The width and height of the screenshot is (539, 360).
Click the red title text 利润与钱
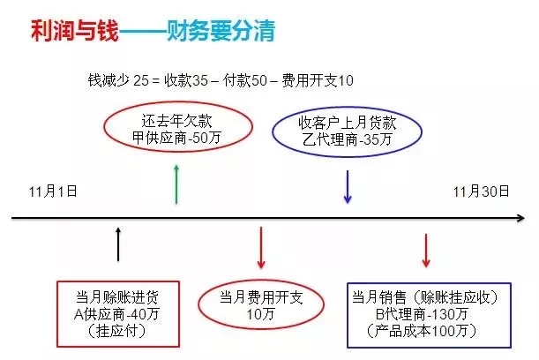[x=75, y=31]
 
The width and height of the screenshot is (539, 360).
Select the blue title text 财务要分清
[x=221, y=31]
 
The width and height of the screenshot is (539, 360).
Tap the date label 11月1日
[x=53, y=191]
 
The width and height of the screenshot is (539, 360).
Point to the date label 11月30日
[x=481, y=191]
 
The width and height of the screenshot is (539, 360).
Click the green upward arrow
[x=176, y=184]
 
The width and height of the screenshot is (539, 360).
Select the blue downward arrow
[x=348, y=187]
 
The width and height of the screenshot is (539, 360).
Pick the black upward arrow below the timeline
[x=118, y=244]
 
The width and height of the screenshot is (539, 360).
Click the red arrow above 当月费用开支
[x=261, y=247]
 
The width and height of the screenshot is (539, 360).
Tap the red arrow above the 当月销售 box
[x=426, y=251]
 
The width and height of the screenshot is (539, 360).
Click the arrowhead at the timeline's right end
[x=521, y=218]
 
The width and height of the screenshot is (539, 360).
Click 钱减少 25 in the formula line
[x=118, y=80]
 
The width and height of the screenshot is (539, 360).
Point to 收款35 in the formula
[x=186, y=80]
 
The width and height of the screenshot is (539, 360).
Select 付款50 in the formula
[x=244, y=80]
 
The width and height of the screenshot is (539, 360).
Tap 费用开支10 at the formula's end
[x=318, y=80]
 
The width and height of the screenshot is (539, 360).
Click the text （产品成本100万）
[x=422, y=331]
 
